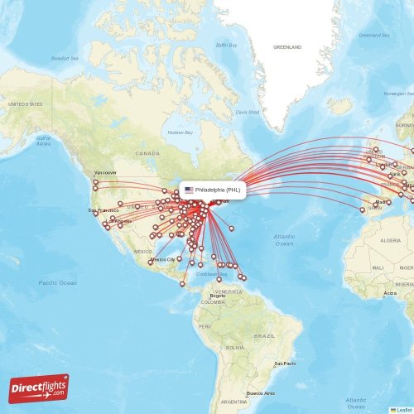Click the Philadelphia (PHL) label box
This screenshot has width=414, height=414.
click(213, 190)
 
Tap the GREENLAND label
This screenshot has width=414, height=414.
click(287, 47)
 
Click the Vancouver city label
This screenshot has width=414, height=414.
click(105, 172)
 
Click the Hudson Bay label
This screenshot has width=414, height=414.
click(180, 132)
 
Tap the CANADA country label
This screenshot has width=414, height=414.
click(147, 153)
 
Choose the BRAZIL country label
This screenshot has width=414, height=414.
click(265, 335)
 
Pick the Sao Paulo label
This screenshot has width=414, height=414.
click(285, 363)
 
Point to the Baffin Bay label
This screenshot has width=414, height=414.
click(227, 44)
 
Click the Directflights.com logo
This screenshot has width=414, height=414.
click(40, 388)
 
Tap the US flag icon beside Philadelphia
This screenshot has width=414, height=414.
click(189, 190)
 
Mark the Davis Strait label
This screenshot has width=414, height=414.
click(248, 112)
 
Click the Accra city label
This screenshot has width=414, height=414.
click(390, 293)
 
